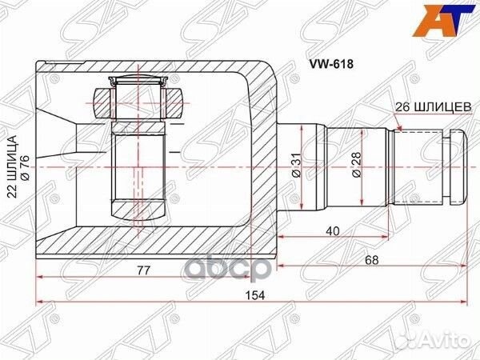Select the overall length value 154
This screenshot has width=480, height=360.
point(254,294)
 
